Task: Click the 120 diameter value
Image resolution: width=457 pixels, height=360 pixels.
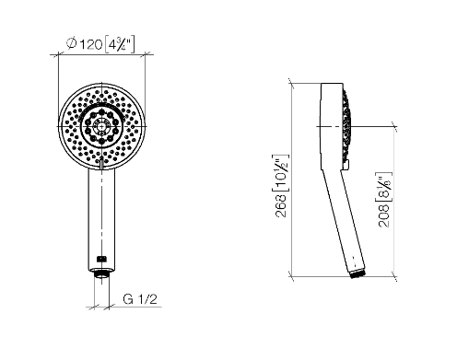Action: point(91,45)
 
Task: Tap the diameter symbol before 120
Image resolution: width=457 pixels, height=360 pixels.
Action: point(72,43)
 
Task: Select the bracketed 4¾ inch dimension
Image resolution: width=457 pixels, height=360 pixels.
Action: point(120,45)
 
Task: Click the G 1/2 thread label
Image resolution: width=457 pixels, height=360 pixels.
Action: point(140,298)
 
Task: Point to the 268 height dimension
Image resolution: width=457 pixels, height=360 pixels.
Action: point(281,205)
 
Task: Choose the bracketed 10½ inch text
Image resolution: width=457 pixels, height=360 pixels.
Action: point(281,172)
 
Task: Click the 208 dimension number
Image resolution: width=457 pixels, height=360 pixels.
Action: point(384,216)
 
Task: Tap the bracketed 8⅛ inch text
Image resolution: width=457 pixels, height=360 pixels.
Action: point(384,186)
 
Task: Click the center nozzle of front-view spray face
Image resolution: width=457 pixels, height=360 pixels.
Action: point(101,126)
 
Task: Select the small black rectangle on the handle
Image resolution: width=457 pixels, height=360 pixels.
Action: point(101,259)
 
